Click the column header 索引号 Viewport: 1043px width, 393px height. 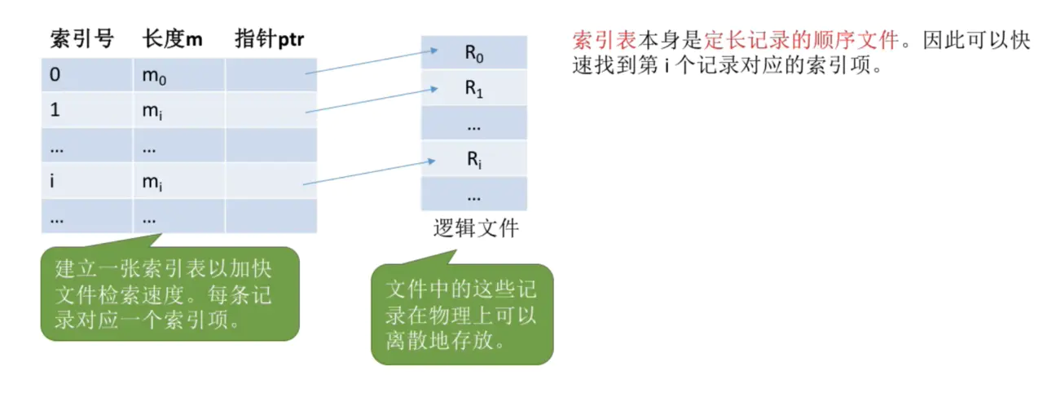[81, 38]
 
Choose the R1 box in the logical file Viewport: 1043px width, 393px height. [474, 89]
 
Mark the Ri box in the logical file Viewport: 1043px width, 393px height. [474, 159]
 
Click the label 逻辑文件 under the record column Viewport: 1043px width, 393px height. [475, 229]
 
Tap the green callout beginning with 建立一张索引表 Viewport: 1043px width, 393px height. [169, 294]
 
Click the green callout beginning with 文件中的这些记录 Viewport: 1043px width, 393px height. [462, 315]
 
